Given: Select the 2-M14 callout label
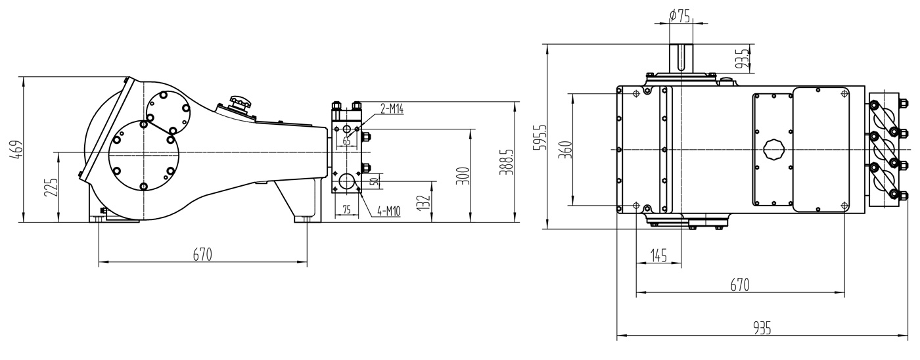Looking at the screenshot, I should click(392, 109).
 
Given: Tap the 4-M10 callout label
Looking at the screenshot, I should click(389, 212).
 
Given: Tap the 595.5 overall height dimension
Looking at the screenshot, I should click(541, 137).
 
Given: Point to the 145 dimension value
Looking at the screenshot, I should click(658, 256).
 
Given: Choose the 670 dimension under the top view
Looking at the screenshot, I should click(740, 284).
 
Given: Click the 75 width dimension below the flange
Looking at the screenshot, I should click(347, 210).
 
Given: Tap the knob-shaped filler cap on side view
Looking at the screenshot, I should click(240, 104).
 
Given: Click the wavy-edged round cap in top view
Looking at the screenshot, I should click(775, 150).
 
